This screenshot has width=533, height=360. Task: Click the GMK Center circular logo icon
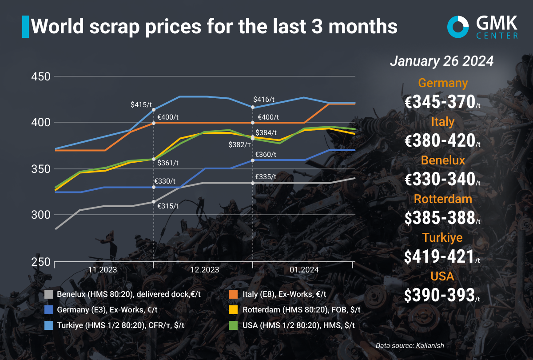pos(458,26)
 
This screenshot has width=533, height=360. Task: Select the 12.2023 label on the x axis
pos(204,270)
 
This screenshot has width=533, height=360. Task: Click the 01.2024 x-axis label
pos(303,270)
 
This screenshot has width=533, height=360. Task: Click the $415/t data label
pos(141,105)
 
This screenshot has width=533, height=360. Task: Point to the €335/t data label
pos(265,177)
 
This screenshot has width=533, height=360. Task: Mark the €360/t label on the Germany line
pos(265,155)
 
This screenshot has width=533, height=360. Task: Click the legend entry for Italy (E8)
pos(284,294)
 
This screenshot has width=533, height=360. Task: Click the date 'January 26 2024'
pos(442,62)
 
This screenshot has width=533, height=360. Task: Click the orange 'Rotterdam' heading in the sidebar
pos(443,199)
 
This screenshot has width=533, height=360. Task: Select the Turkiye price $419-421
pos(443,256)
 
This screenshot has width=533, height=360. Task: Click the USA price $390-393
pos(443,295)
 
